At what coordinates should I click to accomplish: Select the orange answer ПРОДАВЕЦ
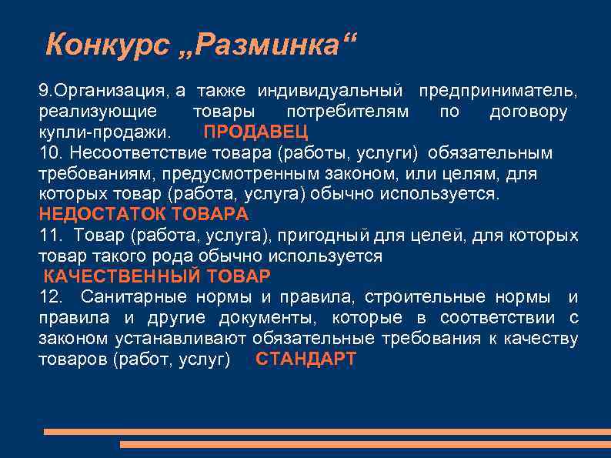255,132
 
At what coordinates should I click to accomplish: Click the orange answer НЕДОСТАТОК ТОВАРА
144,214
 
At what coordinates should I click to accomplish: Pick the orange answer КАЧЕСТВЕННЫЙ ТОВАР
157,276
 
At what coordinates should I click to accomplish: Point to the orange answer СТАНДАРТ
305,359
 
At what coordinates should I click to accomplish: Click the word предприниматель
499,92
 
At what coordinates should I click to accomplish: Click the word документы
265,318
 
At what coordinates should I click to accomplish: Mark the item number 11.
48,235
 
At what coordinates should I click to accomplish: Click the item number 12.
48,297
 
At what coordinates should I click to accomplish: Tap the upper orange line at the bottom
327,432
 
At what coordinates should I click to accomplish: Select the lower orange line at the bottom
366,444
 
